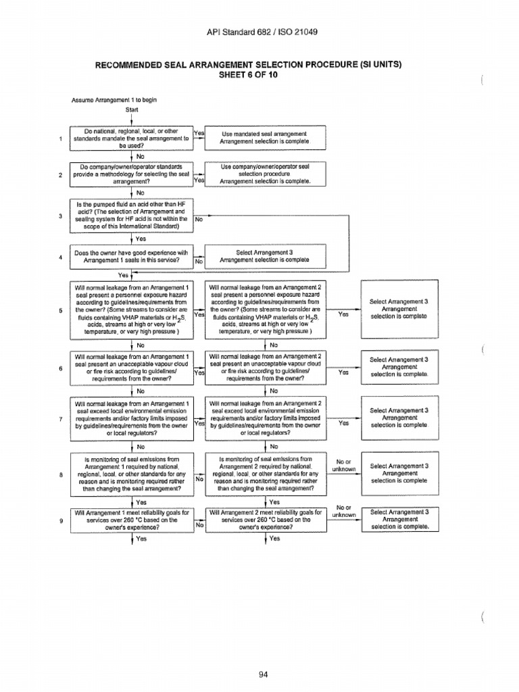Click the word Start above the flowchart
[x=132, y=109]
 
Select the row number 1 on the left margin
[x=61, y=139]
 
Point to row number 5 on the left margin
[x=61, y=310]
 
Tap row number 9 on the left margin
[x=61, y=520]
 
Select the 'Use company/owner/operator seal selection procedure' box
[x=265, y=174]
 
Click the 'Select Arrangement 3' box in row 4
[x=265, y=255]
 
